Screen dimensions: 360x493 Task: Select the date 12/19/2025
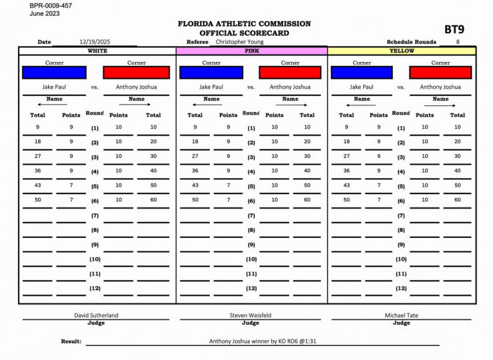[95, 42]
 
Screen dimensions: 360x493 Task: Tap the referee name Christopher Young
[240, 41]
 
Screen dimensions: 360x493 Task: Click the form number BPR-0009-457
[51, 5]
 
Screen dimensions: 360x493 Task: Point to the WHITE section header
[97, 51]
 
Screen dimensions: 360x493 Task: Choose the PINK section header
[252, 51]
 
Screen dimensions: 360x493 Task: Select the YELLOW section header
[402, 51]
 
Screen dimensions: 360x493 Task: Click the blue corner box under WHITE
[54, 73]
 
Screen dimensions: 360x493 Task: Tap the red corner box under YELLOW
[440, 73]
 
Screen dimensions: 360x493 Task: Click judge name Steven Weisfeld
[250, 315]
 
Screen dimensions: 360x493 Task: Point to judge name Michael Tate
[402, 315]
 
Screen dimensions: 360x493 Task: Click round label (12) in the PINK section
[251, 289]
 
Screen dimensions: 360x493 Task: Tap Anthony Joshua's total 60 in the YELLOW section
[457, 199]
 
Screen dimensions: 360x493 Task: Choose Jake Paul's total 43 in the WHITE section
[37, 185]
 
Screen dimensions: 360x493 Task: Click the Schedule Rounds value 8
[458, 42]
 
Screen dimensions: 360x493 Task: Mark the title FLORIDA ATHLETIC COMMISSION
[244, 23]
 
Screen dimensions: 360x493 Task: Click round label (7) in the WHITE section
[95, 215]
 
